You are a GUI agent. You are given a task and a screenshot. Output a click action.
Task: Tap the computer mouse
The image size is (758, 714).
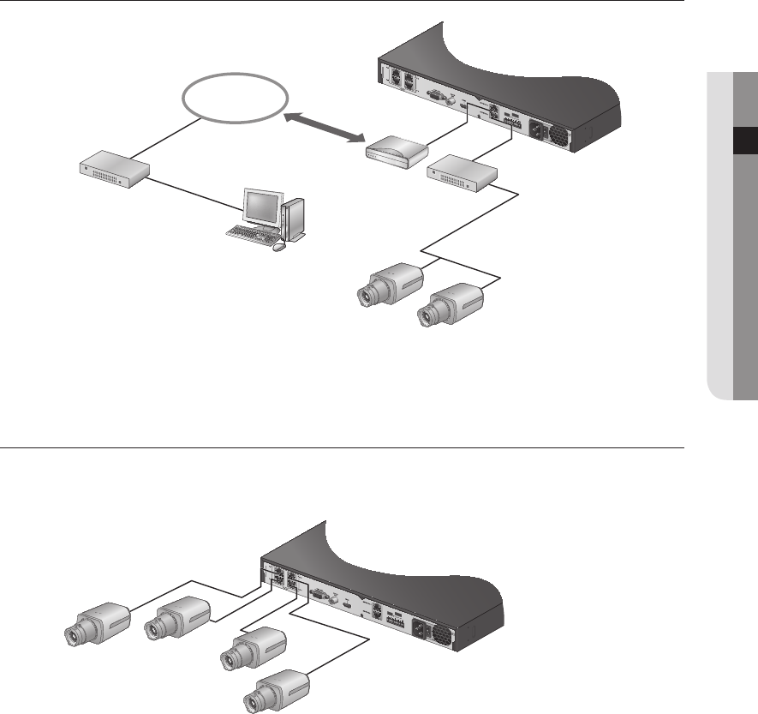pyautogui.click(x=278, y=248)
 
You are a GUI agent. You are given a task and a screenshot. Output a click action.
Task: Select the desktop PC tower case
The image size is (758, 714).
pyautogui.click(x=293, y=219)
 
